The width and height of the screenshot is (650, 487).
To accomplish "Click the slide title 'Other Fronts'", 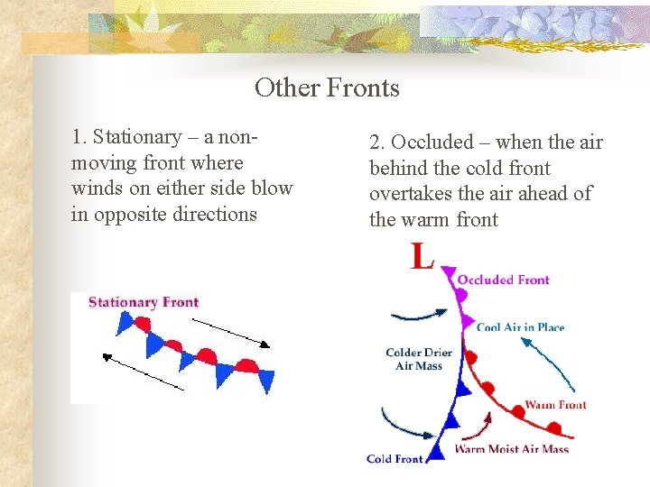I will [327, 87].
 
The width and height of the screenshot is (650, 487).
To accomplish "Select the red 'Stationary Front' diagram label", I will [144, 302].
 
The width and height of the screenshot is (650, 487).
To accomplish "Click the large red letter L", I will [422, 256].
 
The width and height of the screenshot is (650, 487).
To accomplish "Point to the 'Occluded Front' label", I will [503, 280].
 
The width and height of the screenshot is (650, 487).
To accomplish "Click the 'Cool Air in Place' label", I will [520, 326].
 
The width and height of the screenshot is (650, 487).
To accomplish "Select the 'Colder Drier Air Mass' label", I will [419, 359].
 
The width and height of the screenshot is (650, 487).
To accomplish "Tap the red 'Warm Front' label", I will [555, 405].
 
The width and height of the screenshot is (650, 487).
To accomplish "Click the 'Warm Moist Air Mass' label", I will [511, 448].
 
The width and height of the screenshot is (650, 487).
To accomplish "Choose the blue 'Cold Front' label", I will [395, 458].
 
